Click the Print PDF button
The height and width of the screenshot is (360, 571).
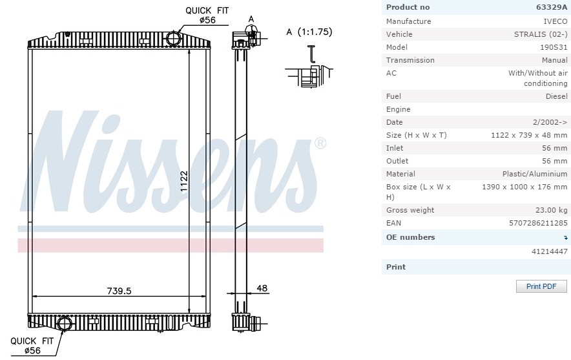coord(541,286)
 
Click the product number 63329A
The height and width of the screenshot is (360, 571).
coord(552,7)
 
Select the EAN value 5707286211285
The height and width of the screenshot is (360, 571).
coord(538,223)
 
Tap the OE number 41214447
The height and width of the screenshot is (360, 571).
coord(550,251)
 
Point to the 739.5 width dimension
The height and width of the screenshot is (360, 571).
coord(119,291)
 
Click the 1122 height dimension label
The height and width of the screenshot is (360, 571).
coord(184,181)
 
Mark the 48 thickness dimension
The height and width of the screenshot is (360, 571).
coord(262,288)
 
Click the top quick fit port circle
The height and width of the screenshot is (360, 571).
coord(172,38)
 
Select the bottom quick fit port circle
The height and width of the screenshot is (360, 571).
coord(65,323)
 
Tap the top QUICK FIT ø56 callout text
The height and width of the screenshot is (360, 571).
coord(207,16)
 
